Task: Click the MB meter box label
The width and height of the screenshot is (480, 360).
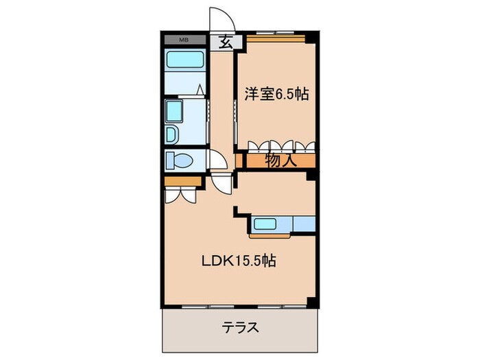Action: [x=184, y=40]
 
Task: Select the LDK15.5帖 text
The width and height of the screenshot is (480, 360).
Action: [x=239, y=261]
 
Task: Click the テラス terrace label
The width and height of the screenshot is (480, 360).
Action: [x=241, y=328]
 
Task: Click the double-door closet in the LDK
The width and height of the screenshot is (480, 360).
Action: [x=181, y=195]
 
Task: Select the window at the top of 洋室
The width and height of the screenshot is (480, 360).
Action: [x=274, y=34]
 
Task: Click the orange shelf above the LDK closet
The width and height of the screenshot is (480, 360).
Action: [x=182, y=180]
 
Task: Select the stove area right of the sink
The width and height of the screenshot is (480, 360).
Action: [x=302, y=223]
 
